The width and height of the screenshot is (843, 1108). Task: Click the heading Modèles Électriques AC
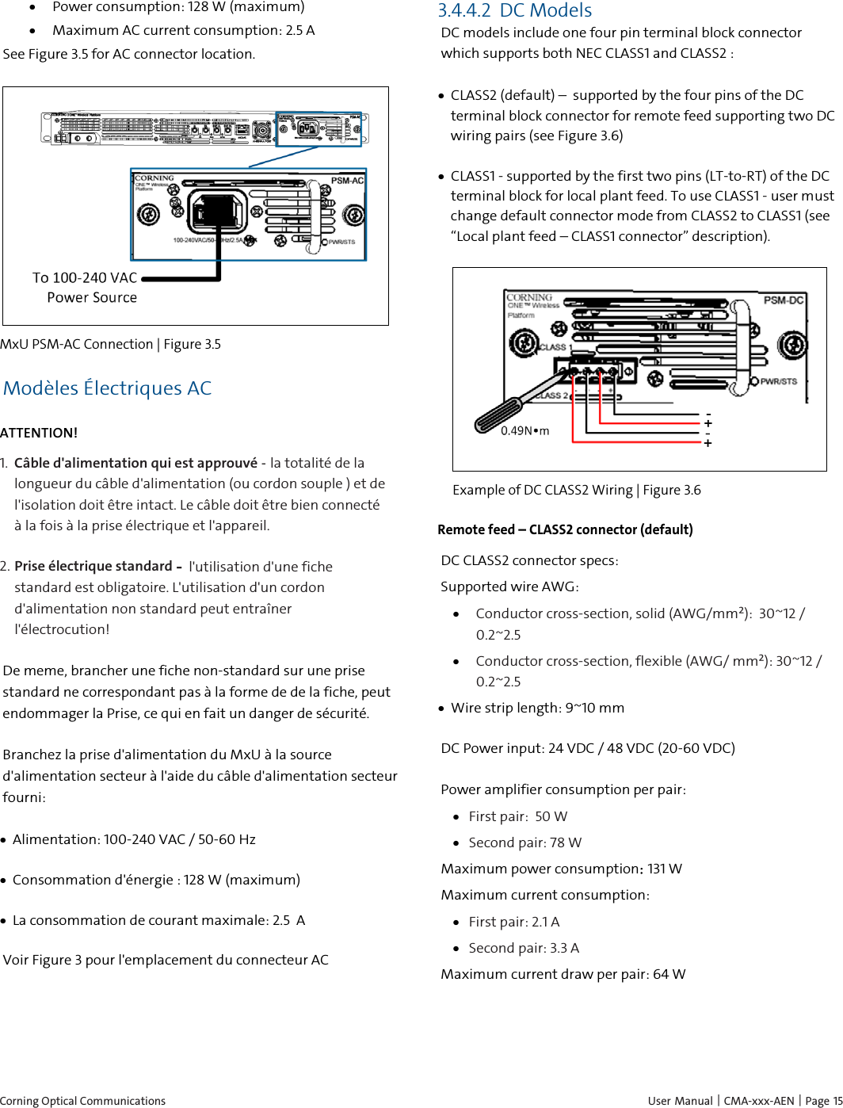tap(107, 388)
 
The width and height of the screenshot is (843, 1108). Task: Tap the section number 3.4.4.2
tap(463, 11)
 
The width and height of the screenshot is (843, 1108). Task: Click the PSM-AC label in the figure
tap(347, 181)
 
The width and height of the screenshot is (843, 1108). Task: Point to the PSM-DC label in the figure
tap(783, 300)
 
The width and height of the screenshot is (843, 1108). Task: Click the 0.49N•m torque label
tap(524, 431)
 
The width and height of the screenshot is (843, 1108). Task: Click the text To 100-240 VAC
tap(85, 278)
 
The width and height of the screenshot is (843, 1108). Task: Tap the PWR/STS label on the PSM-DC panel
tap(778, 382)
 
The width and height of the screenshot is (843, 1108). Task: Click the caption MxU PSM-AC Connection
tap(77, 345)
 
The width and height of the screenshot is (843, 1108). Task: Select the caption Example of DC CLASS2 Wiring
tap(543, 491)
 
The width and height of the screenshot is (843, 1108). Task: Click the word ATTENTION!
tap(39, 434)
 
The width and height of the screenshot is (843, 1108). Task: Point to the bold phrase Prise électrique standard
tap(93, 567)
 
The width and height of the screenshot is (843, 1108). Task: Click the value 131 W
tap(664, 869)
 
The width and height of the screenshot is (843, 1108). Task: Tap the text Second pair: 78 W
tap(524, 843)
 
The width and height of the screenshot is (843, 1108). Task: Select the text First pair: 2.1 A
tap(513, 923)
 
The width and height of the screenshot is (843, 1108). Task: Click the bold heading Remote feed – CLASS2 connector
tap(565, 530)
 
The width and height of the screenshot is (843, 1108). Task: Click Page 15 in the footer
tap(824, 1101)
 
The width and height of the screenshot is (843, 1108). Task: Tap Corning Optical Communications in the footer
tap(82, 1101)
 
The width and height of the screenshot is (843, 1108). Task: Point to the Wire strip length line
tap(537, 709)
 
